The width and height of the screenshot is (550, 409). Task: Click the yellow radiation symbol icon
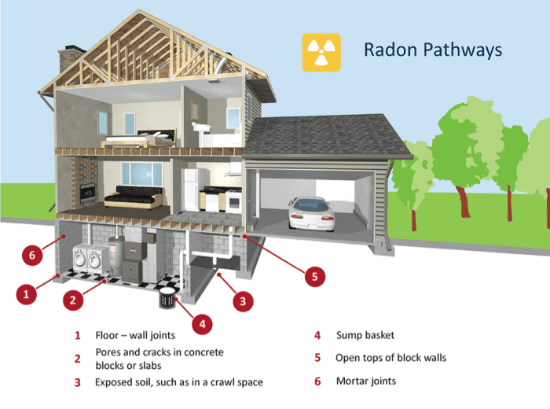[x=321, y=52]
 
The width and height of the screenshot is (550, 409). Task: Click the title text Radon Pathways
[x=432, y=50]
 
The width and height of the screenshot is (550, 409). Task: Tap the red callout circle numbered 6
[x=32, y=255]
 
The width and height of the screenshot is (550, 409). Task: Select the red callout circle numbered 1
[x=27, y=295]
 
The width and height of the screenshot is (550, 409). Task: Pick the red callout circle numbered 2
[x=73, y=299]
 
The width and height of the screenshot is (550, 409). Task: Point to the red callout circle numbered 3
[x=242, y=300]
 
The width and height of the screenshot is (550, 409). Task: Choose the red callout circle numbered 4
[x=202, y=322]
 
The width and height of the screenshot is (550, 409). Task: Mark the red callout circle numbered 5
[x=313, y=276]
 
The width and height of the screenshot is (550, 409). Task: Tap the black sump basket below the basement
[x=167, y=297]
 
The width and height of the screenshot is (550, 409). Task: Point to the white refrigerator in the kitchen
[x=192, y=190]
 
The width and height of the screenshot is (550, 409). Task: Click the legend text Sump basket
[x=365, y=336]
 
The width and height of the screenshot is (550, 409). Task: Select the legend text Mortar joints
[x=366, y=381]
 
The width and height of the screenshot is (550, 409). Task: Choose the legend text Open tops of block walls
[x=390, y=358]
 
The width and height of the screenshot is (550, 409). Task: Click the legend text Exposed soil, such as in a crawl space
[x=179, y=382]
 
